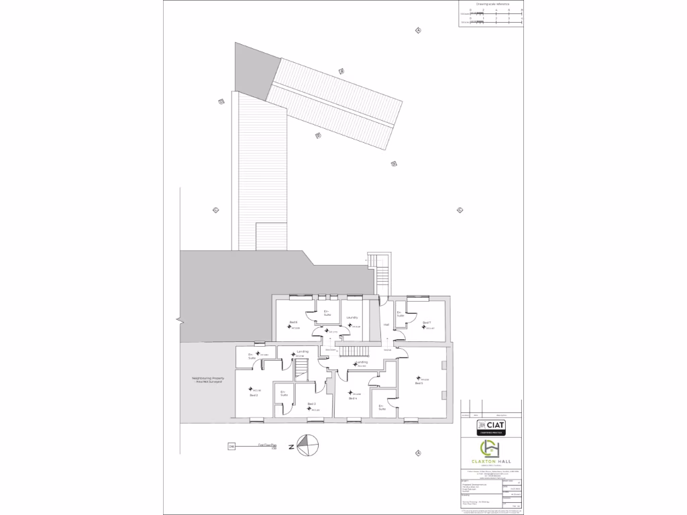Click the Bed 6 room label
[294, 323]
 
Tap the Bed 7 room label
[426, 323]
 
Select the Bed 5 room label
[419, 383]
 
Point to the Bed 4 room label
[352, 398]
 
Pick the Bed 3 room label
[311, 404]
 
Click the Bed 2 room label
[254, 396]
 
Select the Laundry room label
[352, 317]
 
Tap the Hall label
[386, 325]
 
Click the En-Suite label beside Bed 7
[400, 314]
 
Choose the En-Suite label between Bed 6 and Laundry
[327, 313]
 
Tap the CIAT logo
[490, 426]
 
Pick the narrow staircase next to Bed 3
[301, 369]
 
